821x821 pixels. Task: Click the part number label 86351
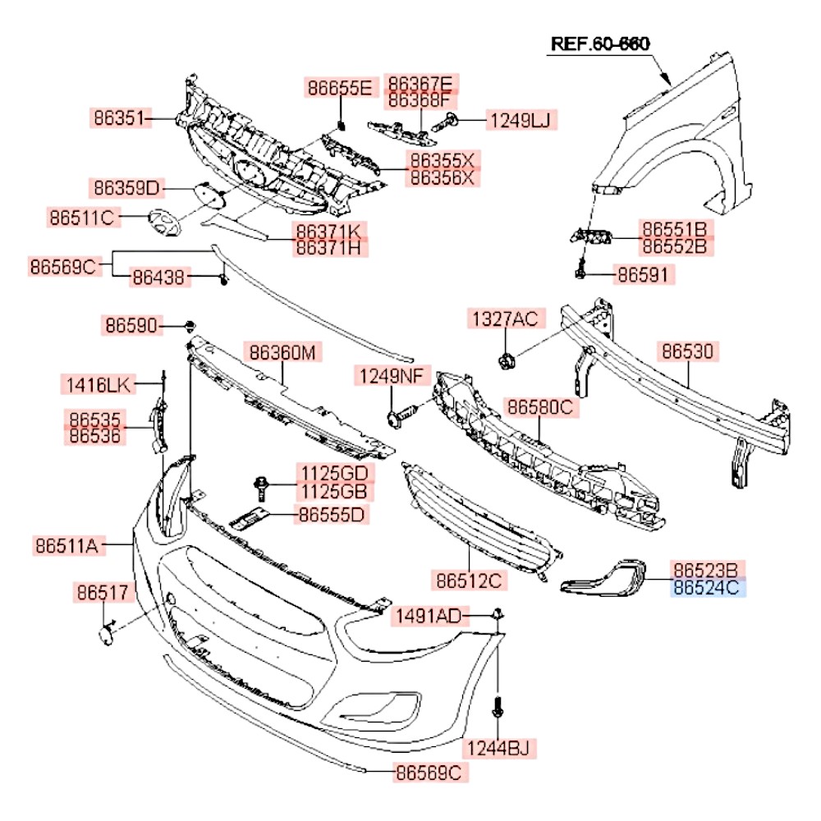coord(120,119)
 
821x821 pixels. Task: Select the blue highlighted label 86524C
coord(709,588)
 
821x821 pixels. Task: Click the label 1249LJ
coord(521,122)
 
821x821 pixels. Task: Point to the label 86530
coord(688,351)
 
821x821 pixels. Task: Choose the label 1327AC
coord(503,319)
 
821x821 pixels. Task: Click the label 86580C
coord(539,406)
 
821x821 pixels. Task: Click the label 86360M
coord(282,353)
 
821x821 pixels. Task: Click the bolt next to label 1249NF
coord(397,416)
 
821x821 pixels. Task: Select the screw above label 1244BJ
coord(498,708)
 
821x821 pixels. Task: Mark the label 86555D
coord(332,515)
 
